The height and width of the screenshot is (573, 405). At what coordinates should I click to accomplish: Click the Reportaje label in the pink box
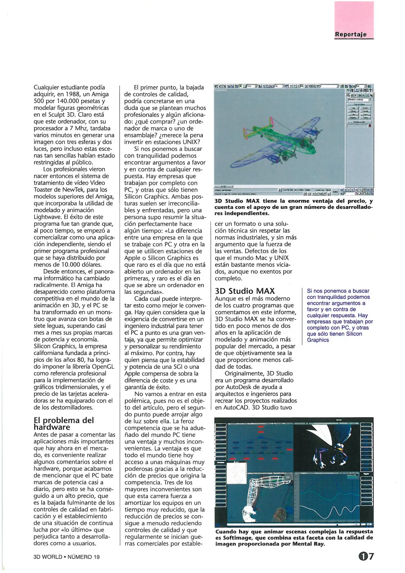350,34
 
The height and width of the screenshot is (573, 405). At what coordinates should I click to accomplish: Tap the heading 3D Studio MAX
245,291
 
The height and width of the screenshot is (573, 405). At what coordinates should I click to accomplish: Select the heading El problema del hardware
64,424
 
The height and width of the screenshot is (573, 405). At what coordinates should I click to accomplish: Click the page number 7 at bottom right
371,556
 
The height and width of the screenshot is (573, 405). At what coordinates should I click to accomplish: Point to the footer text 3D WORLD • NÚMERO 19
67,557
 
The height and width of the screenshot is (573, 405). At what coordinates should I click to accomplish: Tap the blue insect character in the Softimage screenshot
332,448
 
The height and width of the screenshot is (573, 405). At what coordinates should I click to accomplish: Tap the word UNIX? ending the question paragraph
190,142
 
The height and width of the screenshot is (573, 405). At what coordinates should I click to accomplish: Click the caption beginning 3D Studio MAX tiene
293,207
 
